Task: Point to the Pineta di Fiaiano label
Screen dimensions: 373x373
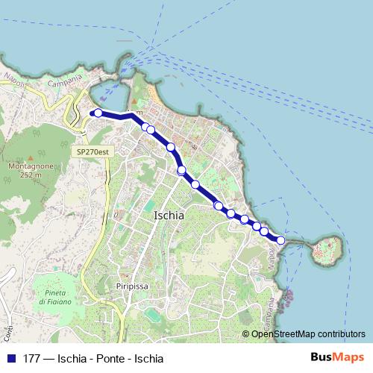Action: tap(55, 296)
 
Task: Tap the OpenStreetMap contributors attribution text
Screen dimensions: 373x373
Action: tap(308, 333)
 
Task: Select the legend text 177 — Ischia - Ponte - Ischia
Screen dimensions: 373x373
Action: tap(93, 357)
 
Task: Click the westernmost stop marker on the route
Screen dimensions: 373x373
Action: tap(98, 113)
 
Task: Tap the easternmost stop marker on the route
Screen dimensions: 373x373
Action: tap(280, 240)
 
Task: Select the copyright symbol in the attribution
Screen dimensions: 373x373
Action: tap(245, 333)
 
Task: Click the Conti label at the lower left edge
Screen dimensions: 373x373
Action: tap(10, 328)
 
